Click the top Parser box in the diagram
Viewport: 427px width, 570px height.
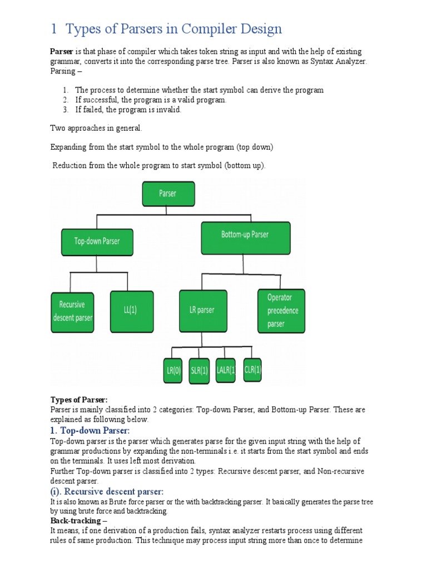click(167, 194)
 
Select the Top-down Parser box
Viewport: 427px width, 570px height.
click(97, 242)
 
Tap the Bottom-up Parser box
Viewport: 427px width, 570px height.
click(245, 235)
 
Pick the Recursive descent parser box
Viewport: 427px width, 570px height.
click(72, 311)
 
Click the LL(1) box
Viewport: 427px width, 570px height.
click(131, 309)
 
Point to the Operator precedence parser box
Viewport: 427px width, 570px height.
click(281, 311)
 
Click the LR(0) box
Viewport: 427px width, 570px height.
click(173, 371)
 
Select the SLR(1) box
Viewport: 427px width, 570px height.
click(199, 371)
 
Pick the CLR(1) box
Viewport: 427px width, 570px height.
click(252, 370)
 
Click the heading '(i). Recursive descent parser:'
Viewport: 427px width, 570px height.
click(107, 492)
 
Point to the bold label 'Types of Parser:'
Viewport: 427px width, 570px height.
click(79, 400)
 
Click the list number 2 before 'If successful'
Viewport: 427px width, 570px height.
click(64, 100)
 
